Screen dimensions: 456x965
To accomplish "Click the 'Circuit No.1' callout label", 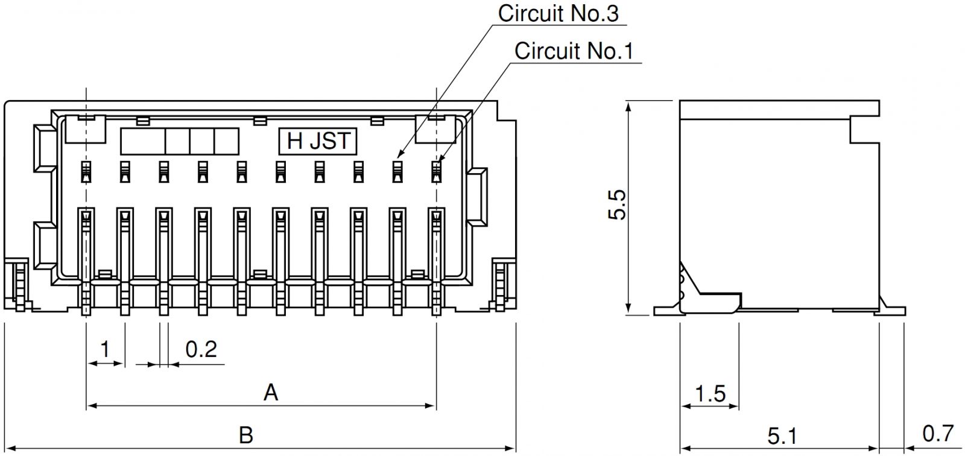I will (x=574, y=51).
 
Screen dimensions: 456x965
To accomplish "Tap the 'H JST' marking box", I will (x=318, y=141).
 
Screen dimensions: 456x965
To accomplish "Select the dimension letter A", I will (x=271, y=393).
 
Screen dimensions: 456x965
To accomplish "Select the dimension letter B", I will (x=245, y=435).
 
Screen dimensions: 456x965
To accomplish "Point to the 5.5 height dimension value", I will (x=618, y=205).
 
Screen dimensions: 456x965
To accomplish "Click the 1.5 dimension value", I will (x=710, y=394).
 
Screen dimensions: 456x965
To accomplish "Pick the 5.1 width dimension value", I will (x=782, y=435).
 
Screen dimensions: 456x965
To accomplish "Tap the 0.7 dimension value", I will (x=938, y=433).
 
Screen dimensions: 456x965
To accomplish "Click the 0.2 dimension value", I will (x=201, y=349).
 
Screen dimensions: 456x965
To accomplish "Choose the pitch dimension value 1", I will (x=105, y=349).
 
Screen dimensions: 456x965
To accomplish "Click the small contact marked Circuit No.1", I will (x=436, y=172).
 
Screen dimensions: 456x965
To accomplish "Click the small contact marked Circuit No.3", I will (x=397, y=172).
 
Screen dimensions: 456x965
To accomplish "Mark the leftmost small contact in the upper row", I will (x=86, y=172).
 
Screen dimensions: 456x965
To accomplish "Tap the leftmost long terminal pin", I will (x=86, y=259).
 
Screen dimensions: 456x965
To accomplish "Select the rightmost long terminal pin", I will (x=436, y=259).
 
